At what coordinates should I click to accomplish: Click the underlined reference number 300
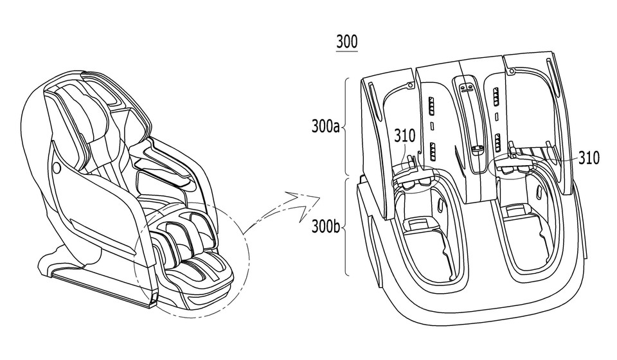[347, 43]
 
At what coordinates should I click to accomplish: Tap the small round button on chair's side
[56, 169]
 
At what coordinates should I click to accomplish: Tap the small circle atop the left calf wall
[409, 84]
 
